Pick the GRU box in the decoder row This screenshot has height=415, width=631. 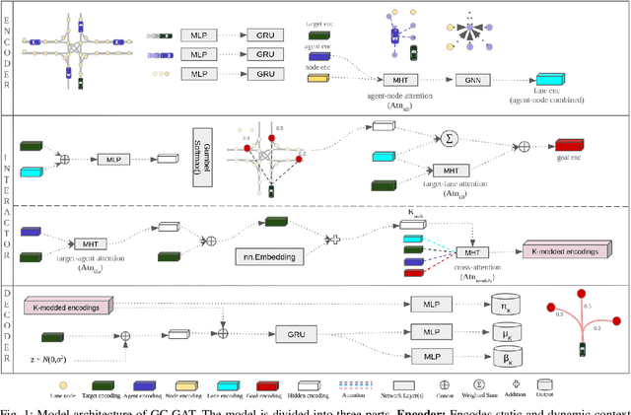point(296,335)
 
